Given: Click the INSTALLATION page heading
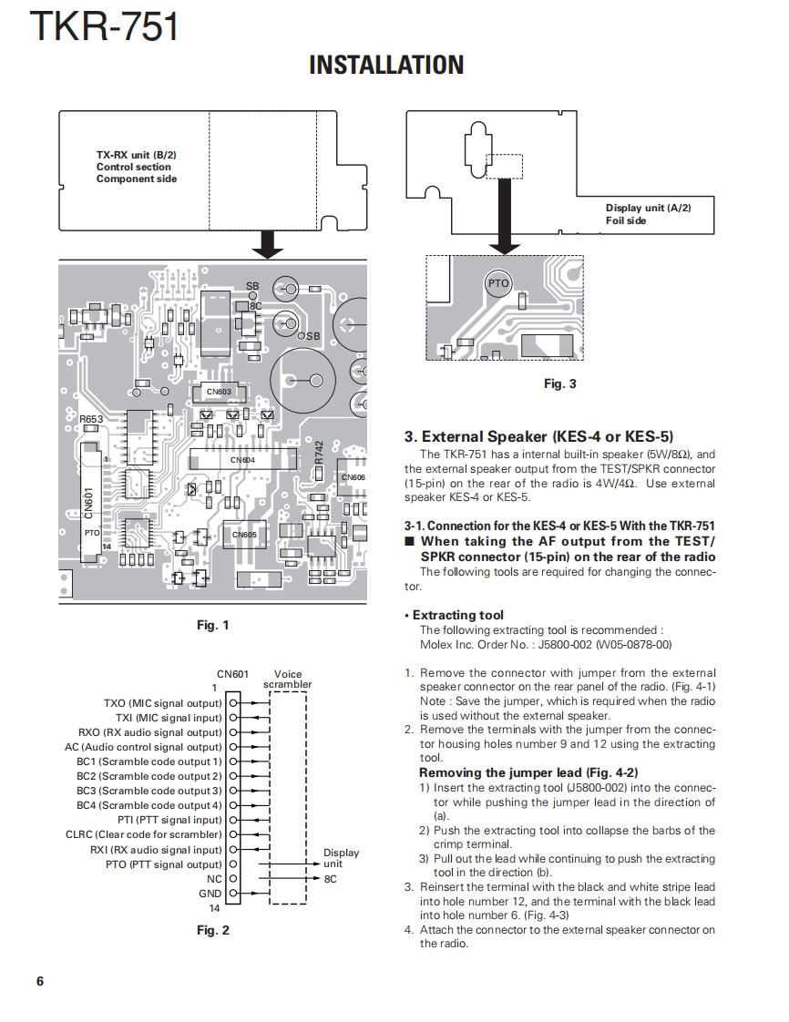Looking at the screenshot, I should coord(386,65).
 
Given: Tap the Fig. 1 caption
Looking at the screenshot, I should coord(213,625).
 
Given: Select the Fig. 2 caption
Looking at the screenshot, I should coord(213,930).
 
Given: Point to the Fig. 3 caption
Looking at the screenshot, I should coord(559,383).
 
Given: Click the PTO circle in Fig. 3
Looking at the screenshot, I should coord(498,284).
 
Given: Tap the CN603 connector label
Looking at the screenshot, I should coord(220,392).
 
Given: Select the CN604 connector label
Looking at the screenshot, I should coord(242,460).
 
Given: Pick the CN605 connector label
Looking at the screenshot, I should coord(244,535).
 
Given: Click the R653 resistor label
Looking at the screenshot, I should coord(91,420).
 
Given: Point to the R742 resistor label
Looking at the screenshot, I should coord(319,452).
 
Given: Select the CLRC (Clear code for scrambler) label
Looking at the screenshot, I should coord(144,834).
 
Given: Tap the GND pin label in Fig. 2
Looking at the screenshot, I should coord(210,894).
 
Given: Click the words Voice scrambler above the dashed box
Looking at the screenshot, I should coord(287,680).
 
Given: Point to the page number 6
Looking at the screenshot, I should coord(40,981).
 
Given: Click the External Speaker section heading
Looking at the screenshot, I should coord(538,437).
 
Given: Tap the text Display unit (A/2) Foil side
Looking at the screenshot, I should coord(648,214).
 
